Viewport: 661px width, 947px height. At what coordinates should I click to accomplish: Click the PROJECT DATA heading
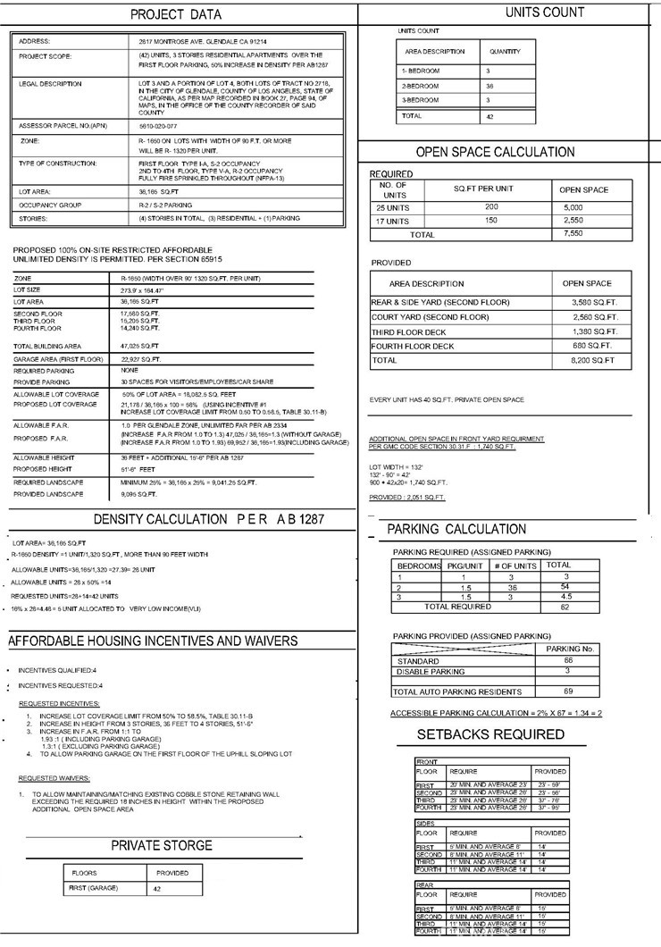click(x=176, y=15)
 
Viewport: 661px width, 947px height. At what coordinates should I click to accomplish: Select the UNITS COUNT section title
click(x=545, y=13)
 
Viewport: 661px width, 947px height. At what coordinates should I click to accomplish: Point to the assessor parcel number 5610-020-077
click(x=158, y=125)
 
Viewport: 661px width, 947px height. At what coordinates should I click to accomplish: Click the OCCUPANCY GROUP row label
click(x=51, y=205)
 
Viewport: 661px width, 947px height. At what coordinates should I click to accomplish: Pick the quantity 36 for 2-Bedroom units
click(x=489, y=85)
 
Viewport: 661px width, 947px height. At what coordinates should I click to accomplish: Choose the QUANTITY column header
click(x=506, y=52)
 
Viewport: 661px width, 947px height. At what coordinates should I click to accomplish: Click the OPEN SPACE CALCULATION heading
click(x=495, y=152)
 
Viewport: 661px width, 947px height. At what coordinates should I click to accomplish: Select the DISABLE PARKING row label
click(x=430, y=671)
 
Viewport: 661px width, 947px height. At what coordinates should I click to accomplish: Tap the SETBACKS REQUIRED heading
click(x=491, y=734)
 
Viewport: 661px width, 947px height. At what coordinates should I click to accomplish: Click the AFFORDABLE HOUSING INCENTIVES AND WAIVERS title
click(x=153, y=641)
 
